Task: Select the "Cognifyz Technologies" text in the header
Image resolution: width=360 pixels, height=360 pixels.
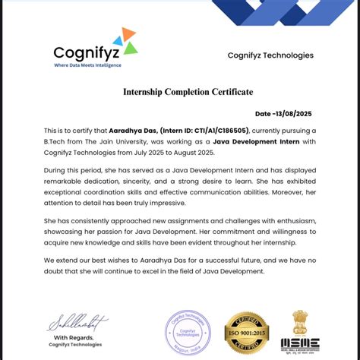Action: pyautogui.click(x=270, y=55)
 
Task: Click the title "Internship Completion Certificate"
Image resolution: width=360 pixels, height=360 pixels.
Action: pyautogui.click(x=188, y=92)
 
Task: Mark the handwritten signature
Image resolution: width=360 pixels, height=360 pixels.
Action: pyautogui.click(x=77, y=323)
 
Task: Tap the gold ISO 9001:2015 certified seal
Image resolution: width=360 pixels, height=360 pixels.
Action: pyautogui.click(x=245, y=333)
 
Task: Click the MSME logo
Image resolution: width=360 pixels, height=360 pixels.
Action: pyautogui.click(x=300, y=344)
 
